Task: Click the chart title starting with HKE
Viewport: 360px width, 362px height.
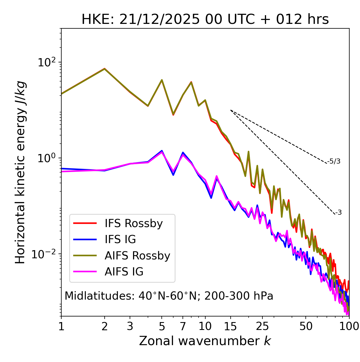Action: pos(205,20)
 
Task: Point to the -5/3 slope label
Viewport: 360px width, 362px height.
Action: pos(334,161)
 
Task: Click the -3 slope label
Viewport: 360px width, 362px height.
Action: pos(338,212)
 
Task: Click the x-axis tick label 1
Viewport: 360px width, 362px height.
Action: pos(61,326)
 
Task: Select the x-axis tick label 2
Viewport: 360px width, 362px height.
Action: pos(105,326)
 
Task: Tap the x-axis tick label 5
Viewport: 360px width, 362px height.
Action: pos(162,326)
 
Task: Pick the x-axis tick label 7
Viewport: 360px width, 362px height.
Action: pos(183,326)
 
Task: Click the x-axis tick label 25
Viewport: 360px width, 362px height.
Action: pos(262,326)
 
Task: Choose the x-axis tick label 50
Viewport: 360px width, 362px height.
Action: pos(306,326)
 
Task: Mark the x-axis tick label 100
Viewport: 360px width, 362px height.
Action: pos(349,326)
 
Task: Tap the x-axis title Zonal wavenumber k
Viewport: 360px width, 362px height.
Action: pos(205,341)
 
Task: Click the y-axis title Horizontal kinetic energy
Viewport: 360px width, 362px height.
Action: pos(20,172)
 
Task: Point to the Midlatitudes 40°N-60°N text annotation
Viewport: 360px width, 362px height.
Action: pos(169,296)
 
